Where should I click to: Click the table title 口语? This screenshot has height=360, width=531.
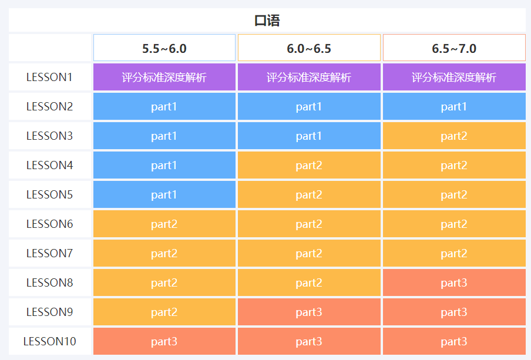pos(267,21)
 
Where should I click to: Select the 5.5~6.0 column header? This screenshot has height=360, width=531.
pos(164,48)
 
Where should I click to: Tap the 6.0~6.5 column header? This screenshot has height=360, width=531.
pos(309,48)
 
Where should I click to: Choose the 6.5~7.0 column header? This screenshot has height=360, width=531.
pos(454,48)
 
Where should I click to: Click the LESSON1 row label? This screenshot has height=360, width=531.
pos(50,77)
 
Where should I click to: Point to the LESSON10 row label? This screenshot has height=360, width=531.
pos(50,341)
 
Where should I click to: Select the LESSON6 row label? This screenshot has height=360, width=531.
pos(50,224)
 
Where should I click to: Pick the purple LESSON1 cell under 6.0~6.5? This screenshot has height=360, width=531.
pos(309,77)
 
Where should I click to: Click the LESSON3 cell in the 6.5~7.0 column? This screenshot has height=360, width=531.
pos(454,136)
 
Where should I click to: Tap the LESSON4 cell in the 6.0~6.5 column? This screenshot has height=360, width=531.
pos(309,165)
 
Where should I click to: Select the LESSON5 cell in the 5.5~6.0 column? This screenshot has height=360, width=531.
pos(164,194)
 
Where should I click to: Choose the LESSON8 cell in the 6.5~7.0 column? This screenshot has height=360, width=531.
pos(454,282)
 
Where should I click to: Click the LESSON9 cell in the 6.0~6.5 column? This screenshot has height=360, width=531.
pos(309,312)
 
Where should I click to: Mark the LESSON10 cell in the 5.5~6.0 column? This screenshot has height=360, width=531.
pos(164,341)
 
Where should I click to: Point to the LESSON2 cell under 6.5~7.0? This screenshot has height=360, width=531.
pos(454,106)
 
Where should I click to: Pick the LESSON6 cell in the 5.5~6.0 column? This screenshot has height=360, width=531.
pos(164,224)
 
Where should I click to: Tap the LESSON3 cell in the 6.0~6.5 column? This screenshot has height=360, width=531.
pos(309,136)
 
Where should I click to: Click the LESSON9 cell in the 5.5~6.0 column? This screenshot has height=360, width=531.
pos(164,312)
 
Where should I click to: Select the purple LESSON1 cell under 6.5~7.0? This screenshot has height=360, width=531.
pos(454,77)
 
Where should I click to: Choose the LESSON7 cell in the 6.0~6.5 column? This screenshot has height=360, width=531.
pos(309,253)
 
